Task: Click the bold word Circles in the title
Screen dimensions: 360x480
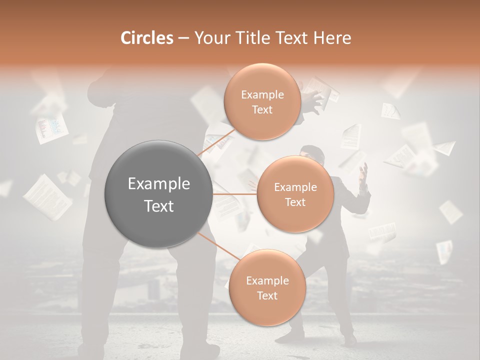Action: tap(146, 37)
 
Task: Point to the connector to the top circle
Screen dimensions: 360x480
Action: tap(215, 143)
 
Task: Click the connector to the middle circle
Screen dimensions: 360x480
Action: tap(235, 194)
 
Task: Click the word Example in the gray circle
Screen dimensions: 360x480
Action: tap(159, 184)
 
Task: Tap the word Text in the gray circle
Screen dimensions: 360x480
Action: tap(159, 206)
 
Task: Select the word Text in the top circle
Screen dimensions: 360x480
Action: tap(262, 110)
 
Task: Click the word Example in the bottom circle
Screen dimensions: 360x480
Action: tap(267, 280)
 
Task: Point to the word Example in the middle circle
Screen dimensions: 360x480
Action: tap(295, 187)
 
